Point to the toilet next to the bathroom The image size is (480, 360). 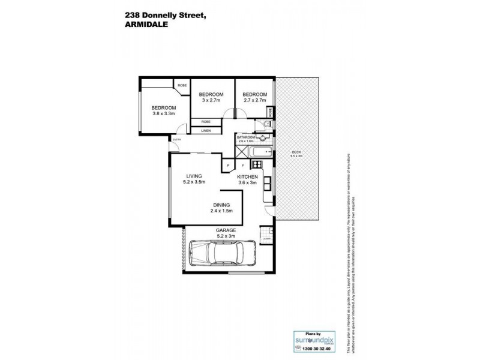pyautogui.click(x=268, y=124)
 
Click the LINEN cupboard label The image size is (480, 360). pyautogui.click(x=205, y=130)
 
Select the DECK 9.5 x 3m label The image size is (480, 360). pyautogui.click(x=297, y=154)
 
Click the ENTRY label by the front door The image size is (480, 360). pyautogui.click(x=176, y=140)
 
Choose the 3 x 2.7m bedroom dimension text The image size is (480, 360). pyautogui.click(x=211, y=100)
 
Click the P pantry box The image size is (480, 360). pyautogui.click(x=228, y=165)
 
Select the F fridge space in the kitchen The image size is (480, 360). pyautogui.click(x=242, y=165)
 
